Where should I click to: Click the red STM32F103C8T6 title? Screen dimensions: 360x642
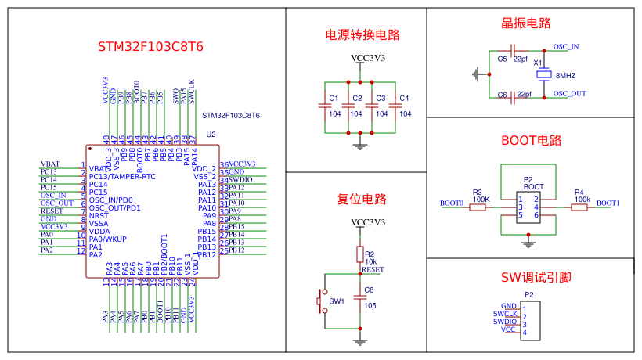(150, 46)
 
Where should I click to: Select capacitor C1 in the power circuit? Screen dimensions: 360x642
(324, 106)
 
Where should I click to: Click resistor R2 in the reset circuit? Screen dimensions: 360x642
(360, 254)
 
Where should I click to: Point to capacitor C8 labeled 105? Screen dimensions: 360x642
(360, 298)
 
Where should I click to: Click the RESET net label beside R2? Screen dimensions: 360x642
(373, 269)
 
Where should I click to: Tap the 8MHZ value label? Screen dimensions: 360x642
(565, 75)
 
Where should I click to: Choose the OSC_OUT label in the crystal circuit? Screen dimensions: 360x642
(569, 93)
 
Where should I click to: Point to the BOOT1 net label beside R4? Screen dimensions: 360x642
(608, 203)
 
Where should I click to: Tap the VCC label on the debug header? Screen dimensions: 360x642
(508, 329)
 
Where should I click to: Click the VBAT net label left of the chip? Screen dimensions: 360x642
(50, 164)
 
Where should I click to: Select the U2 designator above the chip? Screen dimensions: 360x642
(211, 135)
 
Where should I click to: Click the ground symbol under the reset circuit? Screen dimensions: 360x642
(360, 340)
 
